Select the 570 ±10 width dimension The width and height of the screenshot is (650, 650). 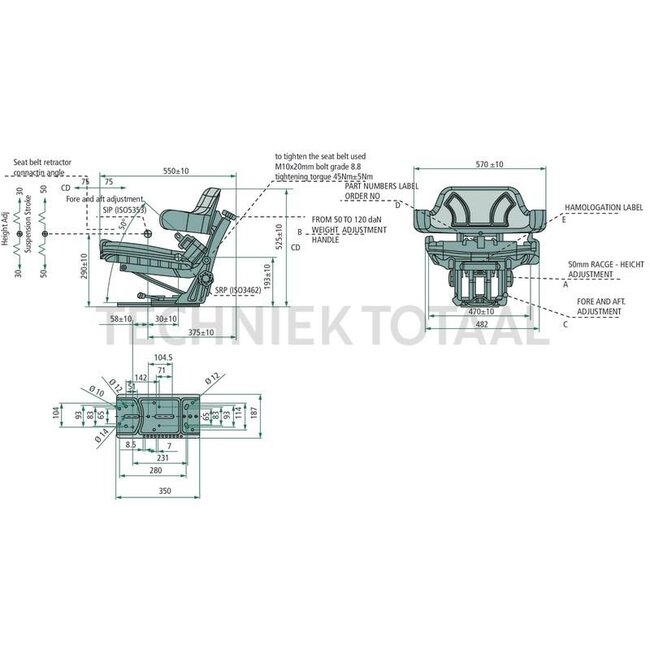click(x=489, y=164)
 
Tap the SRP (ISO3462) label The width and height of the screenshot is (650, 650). click(x=237, y=289)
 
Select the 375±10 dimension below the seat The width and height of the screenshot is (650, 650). click(x=201, y=331)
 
